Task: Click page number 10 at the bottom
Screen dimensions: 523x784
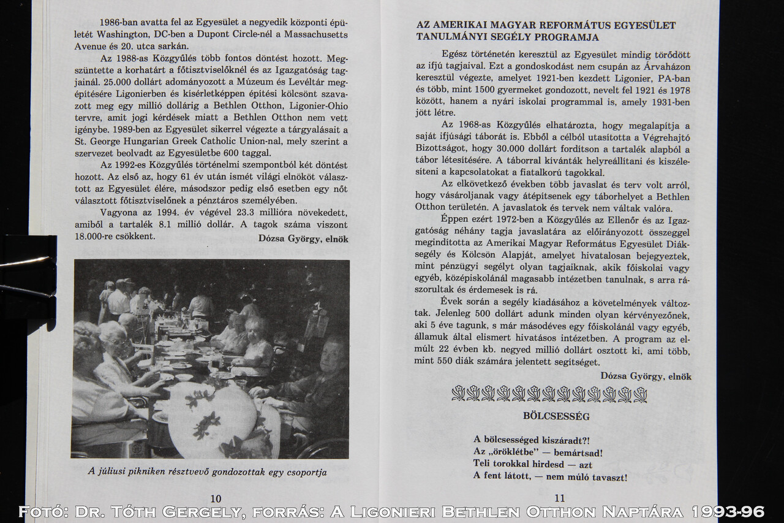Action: (x=216, y=498)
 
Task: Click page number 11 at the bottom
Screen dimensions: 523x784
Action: (x=559, y=498)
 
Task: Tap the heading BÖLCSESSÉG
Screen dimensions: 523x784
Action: (x=548, y=416)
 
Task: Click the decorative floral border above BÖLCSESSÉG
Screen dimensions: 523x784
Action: (x=549, y=394)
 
